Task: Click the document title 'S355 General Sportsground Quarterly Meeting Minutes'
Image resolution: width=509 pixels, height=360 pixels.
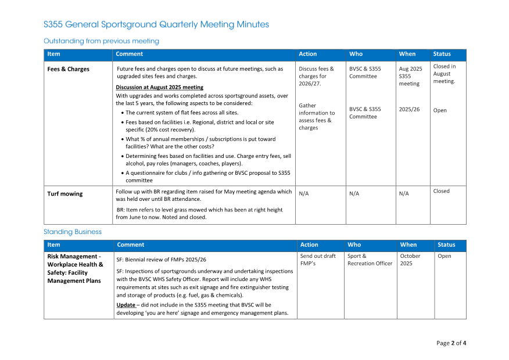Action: [156, 24]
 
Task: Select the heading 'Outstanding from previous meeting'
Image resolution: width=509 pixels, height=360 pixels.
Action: [101, 41]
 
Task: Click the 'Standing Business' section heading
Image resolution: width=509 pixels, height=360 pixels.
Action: [73, 232]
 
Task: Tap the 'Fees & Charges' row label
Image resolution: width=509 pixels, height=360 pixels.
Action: [69, 69]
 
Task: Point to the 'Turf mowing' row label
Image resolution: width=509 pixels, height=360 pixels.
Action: [65, 194]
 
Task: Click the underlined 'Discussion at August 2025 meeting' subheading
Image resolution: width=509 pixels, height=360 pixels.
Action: [159, 88]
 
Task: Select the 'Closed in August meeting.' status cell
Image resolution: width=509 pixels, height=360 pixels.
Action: [445, 74]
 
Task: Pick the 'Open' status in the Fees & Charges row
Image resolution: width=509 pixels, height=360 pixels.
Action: [440, 110]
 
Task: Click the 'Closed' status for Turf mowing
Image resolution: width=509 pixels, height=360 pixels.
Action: [441, 191]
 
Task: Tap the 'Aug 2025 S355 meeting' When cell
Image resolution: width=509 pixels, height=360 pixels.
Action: [410, 76]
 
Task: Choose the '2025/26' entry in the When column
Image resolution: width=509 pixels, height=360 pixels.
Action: [409, 109]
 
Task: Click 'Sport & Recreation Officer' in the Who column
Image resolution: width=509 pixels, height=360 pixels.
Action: [370, 260]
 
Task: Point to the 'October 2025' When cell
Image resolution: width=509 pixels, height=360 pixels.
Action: [410, 260]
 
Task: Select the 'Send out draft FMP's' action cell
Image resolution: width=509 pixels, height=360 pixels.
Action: [318, 260]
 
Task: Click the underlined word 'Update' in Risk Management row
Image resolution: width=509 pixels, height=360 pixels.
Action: [126, 305]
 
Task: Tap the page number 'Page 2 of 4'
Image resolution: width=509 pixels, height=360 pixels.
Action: [451, 343]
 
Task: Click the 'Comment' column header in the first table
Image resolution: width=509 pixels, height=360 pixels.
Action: [130, 54]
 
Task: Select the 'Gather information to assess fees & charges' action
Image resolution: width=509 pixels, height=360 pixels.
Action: [317, 117]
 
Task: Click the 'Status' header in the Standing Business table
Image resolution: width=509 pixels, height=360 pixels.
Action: [446, 245]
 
